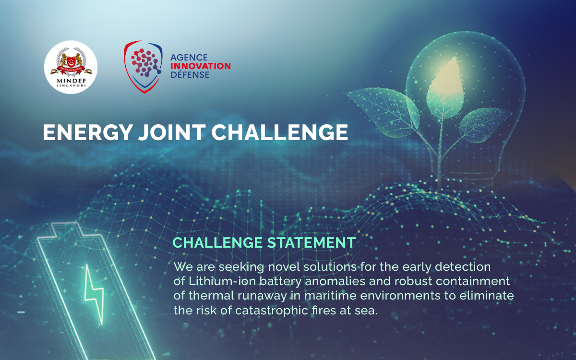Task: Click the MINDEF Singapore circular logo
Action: coord(71,67)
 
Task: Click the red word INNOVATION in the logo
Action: coord(200,66)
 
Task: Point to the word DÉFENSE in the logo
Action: coord(190,75)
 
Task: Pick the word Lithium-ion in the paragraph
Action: coord(210,281)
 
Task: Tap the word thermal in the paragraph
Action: coord(204,296)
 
